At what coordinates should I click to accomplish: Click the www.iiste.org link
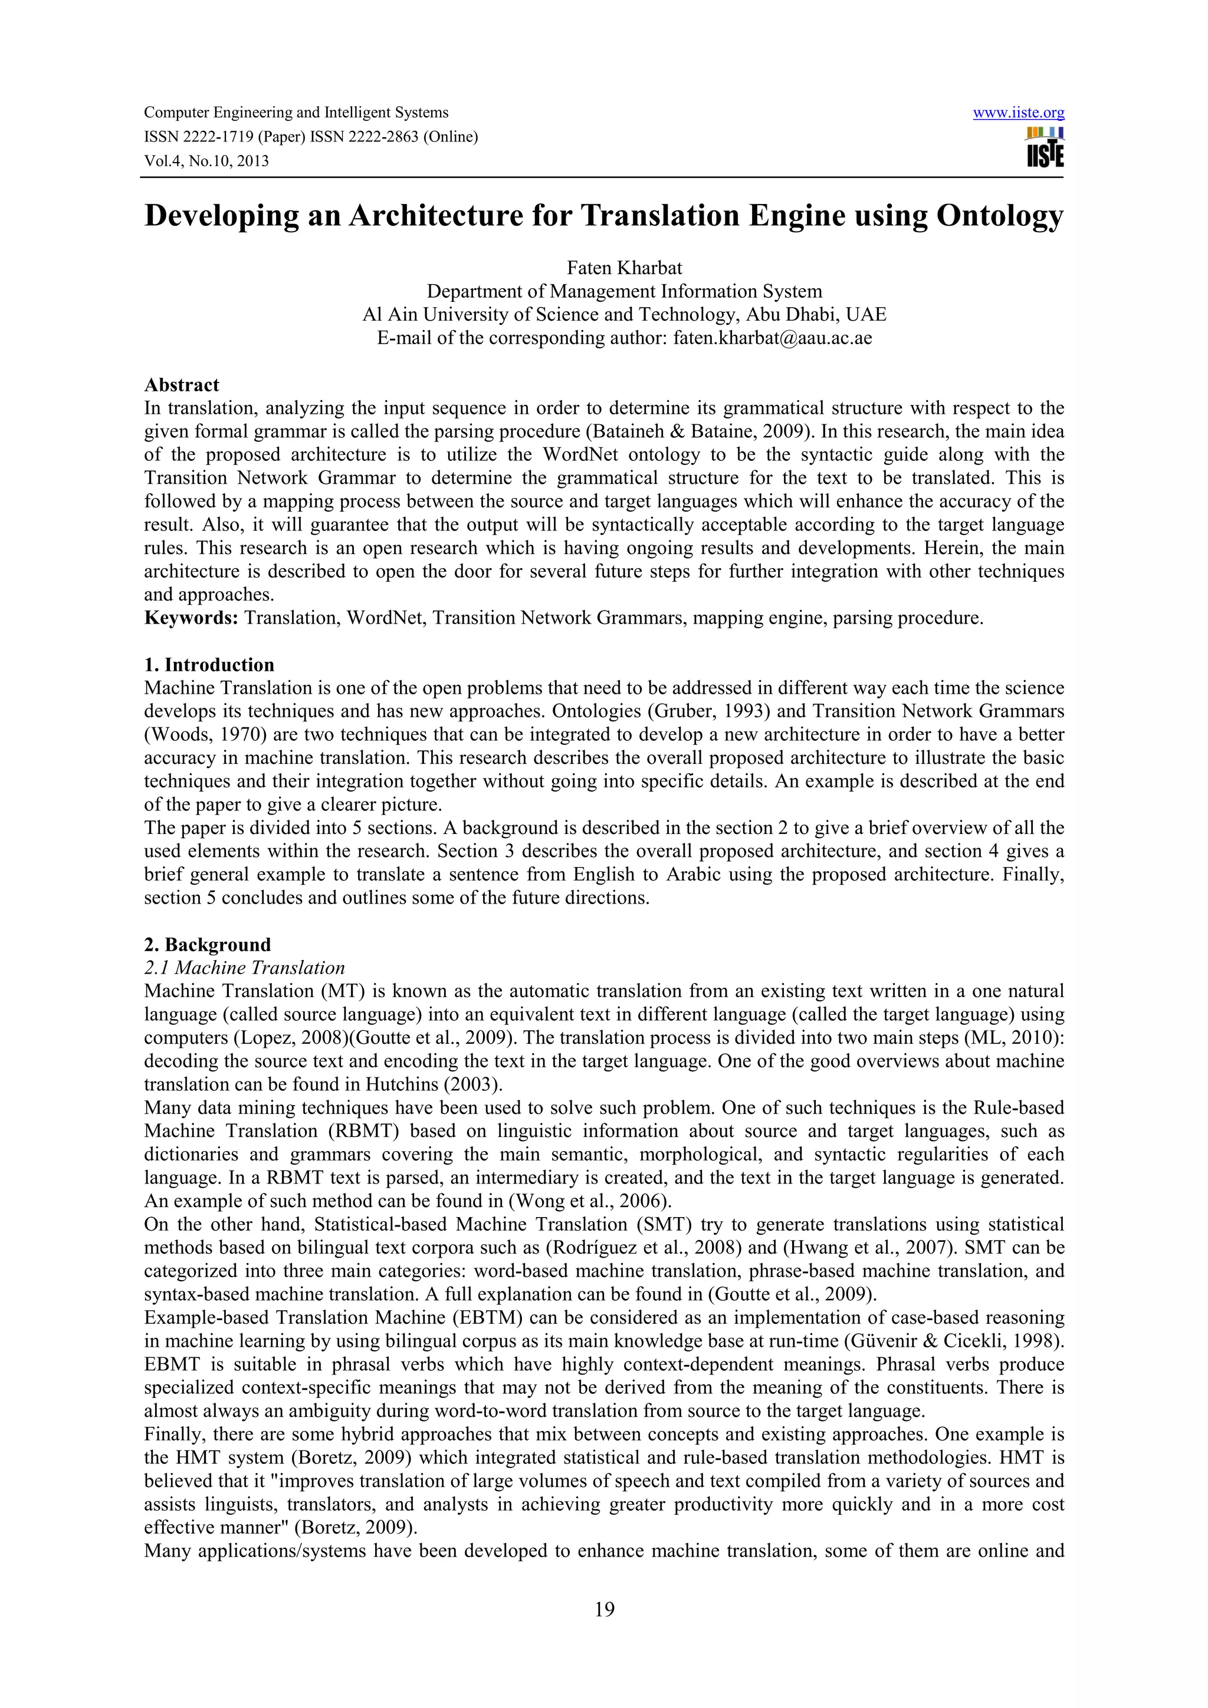(x=1018, y=113)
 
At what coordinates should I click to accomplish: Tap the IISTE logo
(x=1045, y=147)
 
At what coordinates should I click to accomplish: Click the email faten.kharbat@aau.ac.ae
(x=773, y=338)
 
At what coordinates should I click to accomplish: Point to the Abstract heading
(x=182, y=385)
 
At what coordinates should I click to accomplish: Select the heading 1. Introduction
(x=209, y=665)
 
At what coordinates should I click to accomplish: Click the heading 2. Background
(x=207, y=945)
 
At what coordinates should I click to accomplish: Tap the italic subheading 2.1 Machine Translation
(x=244, y=968)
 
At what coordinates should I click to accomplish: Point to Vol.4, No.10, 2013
(x=206, y=161)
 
